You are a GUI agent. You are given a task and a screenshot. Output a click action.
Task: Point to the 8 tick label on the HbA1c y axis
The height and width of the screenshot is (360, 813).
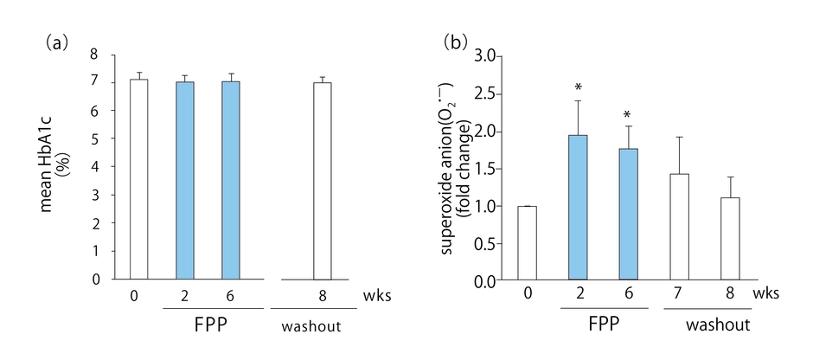click(106, 55)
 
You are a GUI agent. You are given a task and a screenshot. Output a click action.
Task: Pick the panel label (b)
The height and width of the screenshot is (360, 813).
click(454, 42)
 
